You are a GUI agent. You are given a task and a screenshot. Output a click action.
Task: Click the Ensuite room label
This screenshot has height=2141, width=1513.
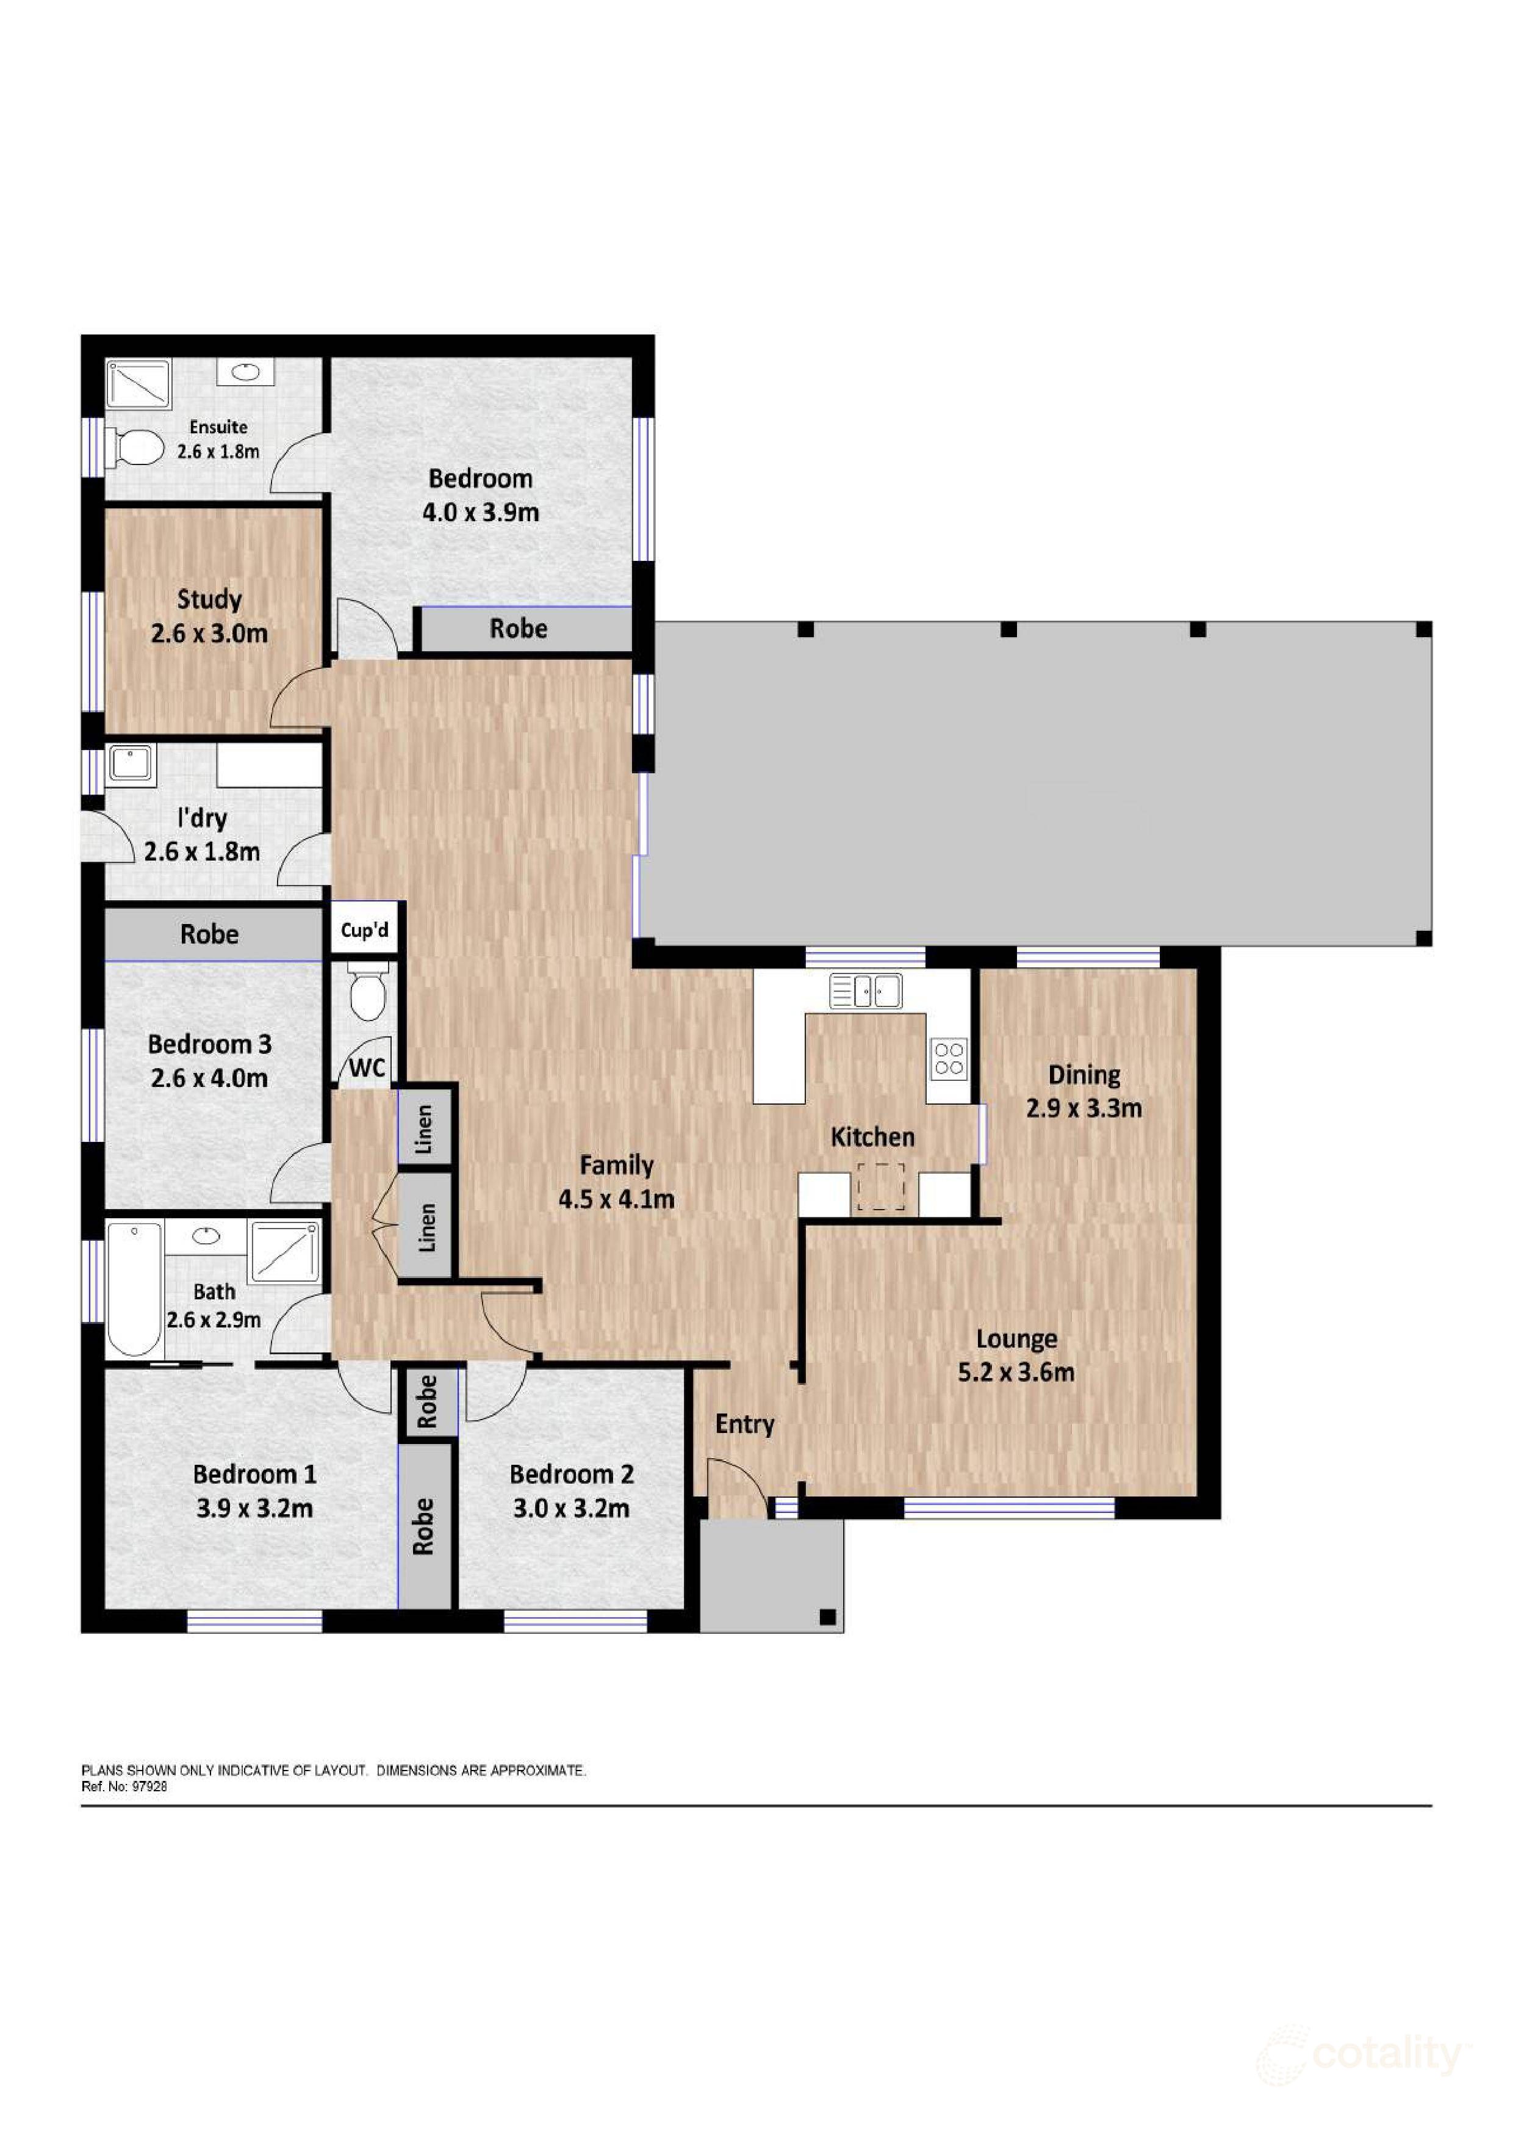(x=218, y=427)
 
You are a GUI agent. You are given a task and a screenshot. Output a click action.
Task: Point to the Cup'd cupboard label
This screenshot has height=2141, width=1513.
(x=364, y=930)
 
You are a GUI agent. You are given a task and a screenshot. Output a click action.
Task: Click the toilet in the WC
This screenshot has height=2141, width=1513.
(x=367, y=995)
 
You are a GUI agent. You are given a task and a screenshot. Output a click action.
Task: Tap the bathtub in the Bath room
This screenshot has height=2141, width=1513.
(x=134, y=1290)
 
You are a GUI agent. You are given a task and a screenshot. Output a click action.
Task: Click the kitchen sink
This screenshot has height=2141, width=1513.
(x=866, y=991)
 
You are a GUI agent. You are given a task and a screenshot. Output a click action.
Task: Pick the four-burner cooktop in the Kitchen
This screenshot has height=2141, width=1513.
(x=949, y=1058)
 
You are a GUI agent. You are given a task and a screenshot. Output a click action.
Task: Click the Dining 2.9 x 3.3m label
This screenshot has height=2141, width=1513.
(x=1084, y=1091)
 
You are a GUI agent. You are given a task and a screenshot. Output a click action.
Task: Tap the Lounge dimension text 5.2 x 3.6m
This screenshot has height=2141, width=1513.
(x=1016, y=1372)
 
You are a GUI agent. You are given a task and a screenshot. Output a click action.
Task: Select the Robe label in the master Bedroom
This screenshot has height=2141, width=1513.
(x=519, y=629)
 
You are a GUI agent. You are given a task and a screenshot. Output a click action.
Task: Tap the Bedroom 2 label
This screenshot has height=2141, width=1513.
(x=572, y=1475)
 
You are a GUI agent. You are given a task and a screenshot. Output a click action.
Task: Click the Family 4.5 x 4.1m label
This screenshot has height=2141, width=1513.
(x=616, y=1182)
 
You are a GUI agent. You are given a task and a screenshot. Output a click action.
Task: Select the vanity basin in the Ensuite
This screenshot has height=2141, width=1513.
(x=246, y=372)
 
